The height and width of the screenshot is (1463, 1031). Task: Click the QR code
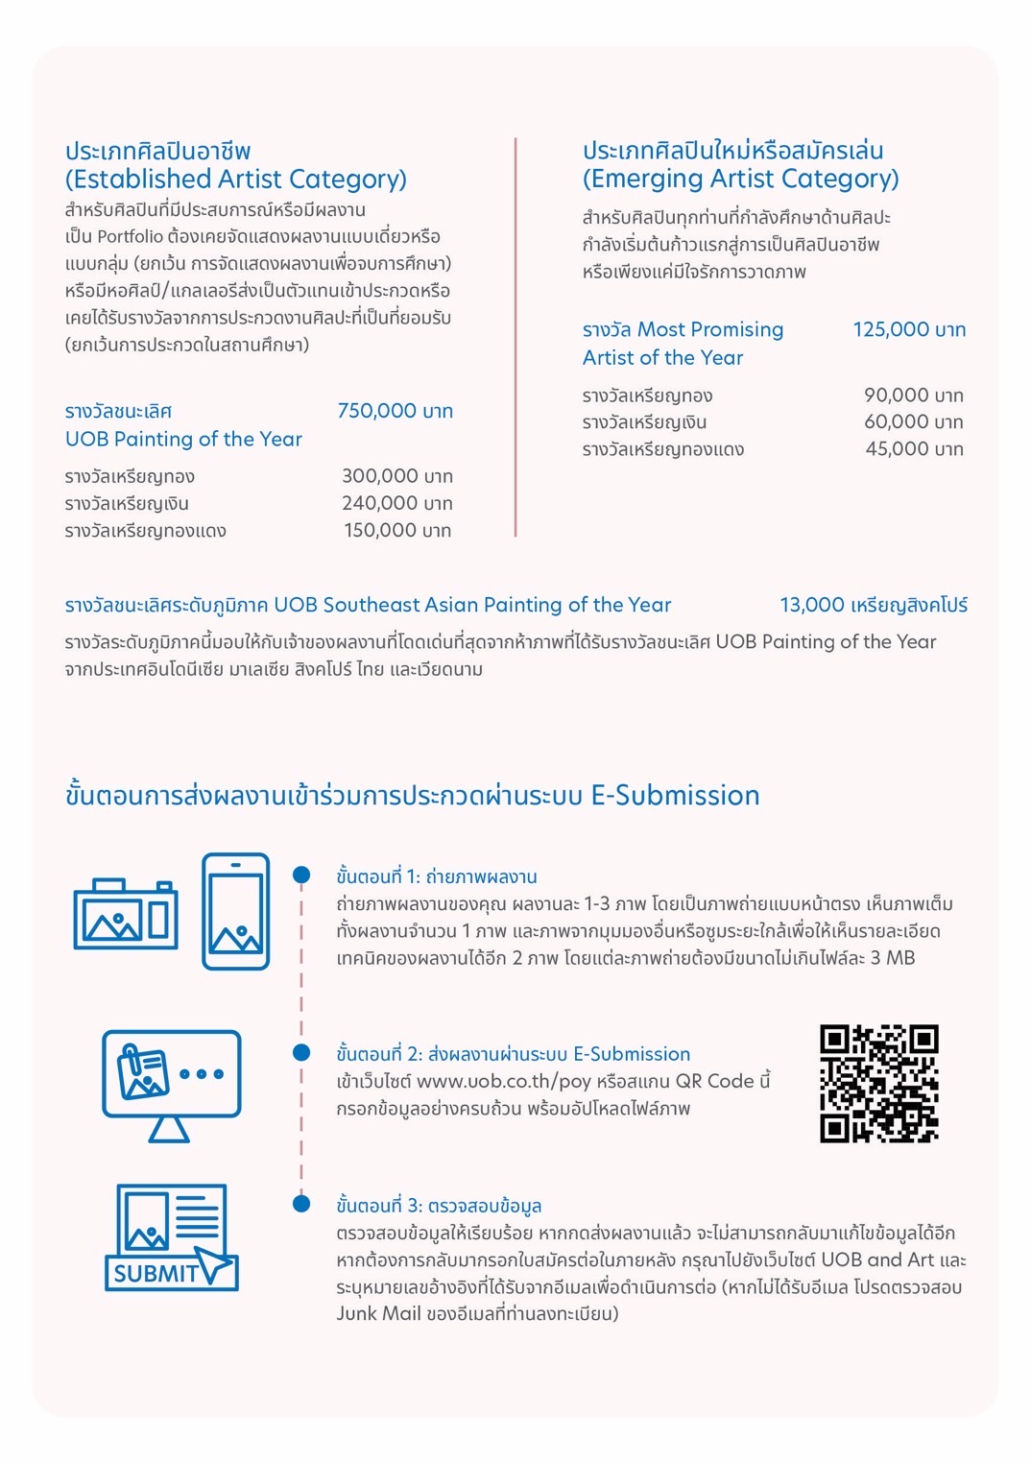coord(878,1083)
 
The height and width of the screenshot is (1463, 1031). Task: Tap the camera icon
coord(126,914)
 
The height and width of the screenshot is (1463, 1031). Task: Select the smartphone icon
coord(235,911)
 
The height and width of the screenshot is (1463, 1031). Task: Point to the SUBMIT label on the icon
coord(156,1273)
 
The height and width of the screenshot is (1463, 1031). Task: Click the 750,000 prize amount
coord(395,411)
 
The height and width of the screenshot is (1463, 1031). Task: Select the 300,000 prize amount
coord(396,476)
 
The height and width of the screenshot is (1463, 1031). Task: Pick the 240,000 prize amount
coord(396,503)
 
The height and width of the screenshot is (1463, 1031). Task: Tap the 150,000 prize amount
coord(397,530)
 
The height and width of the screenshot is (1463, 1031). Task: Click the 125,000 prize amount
coord(908,329)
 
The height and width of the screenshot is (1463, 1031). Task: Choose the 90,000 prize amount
coord(913,395)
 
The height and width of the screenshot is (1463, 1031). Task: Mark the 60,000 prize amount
coord(913,421)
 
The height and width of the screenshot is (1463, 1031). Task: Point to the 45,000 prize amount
coord(914,448)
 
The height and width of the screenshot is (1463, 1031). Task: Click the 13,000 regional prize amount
coord(873,605)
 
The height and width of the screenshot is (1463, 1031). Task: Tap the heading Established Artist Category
coord(236,179)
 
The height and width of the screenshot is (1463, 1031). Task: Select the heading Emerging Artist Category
coord(740,179)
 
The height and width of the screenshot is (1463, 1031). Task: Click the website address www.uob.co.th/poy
coord(503,1081)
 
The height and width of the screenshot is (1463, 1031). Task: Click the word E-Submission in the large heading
coord(675,795)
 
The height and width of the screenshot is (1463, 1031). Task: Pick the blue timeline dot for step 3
coord(301,1204)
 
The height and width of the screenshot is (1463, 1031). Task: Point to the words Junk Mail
coord(378,1313)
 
